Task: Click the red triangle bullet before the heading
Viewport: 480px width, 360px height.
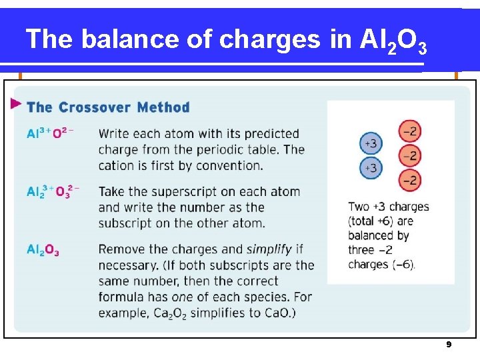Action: [16, 104]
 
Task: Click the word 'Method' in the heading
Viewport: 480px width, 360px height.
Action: [163, 107]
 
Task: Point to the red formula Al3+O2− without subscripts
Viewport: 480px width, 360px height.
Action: [50, 133]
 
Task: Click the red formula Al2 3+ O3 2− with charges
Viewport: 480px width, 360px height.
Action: [53, 192]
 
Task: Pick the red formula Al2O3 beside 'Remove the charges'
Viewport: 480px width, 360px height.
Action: [43, 250]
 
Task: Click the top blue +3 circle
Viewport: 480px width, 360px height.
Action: [371, 143]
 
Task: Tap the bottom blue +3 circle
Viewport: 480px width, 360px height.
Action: [371, 168]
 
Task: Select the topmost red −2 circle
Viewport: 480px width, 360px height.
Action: [410, 131]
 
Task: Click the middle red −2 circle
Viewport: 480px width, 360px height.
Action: [410, 156]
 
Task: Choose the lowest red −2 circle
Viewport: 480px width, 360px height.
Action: [410, 180]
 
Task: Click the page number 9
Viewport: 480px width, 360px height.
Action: [449, 345]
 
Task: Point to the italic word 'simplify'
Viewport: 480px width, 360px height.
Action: [269, 249]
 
